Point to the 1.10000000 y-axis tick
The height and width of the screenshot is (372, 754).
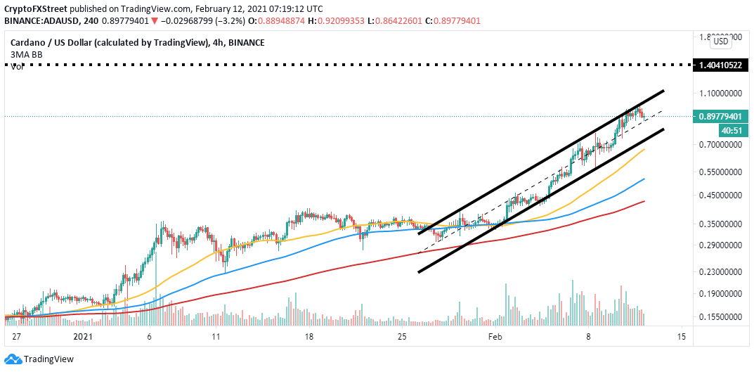(x=719, y=93)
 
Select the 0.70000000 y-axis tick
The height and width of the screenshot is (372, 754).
(x=719, y=144)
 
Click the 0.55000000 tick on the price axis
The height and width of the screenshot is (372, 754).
(x=719, y=172)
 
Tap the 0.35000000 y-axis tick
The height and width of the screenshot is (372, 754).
(x=719, y=224)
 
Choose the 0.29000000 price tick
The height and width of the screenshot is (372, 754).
(x=719, y=245)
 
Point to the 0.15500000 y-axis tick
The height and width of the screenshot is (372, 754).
(x=719, y=317)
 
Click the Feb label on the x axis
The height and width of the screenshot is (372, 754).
(x=495, y=337)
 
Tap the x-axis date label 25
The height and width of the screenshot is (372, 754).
(x=403, y=337)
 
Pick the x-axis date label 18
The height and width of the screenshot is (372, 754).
(x=310, y=337)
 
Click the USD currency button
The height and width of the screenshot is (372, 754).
(x=721, y=41)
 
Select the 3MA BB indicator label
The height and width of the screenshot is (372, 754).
(x=27, y=55)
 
